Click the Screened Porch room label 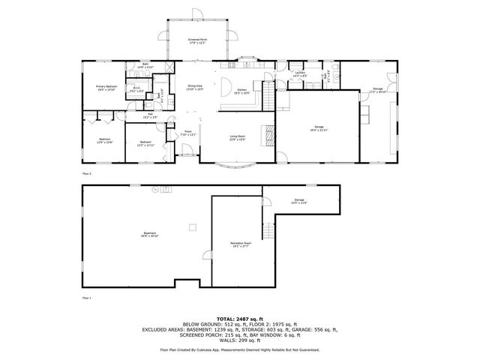198,40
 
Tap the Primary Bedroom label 106,88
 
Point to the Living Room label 238,137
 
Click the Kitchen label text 242,91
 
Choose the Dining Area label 195,88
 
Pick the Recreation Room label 241,244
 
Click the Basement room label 150,235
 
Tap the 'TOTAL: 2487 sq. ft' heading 239,319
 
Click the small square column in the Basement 192,225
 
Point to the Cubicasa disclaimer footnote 239,349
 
